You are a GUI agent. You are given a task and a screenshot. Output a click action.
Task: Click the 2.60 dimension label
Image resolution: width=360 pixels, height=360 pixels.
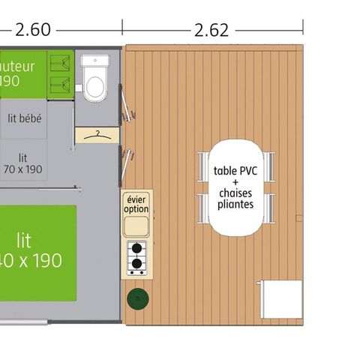(33, 30)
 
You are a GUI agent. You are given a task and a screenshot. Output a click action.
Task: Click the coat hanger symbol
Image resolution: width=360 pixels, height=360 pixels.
(97, 135)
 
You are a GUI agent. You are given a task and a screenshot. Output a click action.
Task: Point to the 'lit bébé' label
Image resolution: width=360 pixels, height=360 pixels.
(25, 118)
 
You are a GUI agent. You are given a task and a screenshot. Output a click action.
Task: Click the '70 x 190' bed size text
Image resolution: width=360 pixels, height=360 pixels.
(22, 169)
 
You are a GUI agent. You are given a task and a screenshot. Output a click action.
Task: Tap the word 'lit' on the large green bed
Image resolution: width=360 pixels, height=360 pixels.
(24, 240)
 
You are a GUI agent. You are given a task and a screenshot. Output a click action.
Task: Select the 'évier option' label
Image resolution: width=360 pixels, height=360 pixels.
(136, 203)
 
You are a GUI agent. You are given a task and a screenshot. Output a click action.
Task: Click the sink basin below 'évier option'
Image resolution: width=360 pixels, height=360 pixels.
(136, 226)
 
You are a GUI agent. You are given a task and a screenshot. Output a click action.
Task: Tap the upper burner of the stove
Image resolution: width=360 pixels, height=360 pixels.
(136, 248)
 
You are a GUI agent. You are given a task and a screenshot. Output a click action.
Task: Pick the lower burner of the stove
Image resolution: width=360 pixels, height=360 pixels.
(136, 262)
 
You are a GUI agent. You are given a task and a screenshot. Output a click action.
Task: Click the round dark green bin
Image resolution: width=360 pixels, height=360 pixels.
(138, 300)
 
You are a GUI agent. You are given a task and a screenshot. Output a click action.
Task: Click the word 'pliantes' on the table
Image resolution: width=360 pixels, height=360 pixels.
(235, 204)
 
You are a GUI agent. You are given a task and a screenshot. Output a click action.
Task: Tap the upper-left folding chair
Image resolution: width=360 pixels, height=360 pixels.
(203, 166)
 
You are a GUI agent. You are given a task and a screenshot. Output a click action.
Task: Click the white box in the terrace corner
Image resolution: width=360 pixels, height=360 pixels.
(279, 298)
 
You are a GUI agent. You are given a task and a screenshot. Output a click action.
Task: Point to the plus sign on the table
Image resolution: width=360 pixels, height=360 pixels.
(235, 181)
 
